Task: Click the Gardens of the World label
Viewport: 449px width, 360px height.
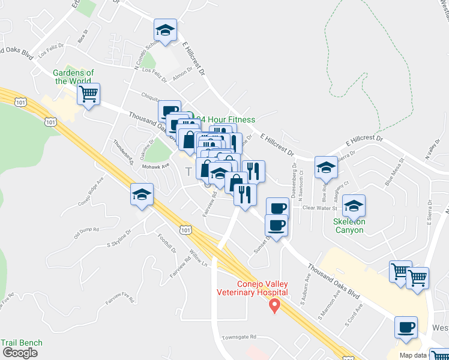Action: point(73,77)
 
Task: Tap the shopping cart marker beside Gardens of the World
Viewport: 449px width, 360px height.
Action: point(89,94)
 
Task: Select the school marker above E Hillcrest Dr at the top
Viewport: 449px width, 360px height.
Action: point(166,29)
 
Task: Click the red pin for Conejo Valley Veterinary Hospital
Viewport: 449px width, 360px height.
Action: point(275,306)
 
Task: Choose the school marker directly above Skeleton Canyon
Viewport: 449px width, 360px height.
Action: point(354,206)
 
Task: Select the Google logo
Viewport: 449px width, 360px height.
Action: point(19,353)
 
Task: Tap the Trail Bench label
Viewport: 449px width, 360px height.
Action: point(22,343)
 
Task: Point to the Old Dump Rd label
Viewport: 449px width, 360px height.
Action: point(86,232)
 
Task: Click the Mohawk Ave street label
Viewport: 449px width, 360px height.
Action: point(155,166)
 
